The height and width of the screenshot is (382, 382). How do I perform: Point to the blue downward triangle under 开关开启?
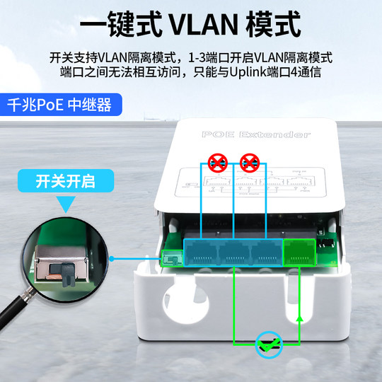click(x=68, y=205)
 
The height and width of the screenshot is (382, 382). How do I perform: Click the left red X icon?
click(x=217, y=165)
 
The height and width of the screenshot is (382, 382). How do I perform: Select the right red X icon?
click(x=248, y=165)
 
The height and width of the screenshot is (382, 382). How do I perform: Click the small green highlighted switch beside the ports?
click(x=170, y=258)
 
